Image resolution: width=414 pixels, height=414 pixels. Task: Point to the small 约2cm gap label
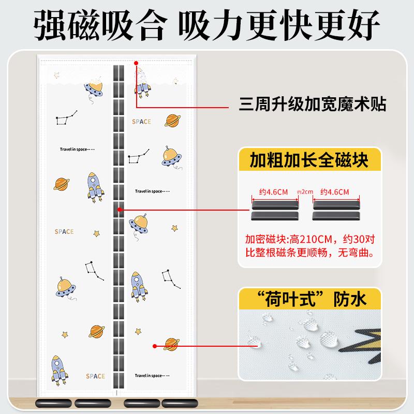pyautogui.click(x=305, y=192)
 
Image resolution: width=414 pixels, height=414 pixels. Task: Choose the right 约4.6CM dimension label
pyautogui.click(x=335, y=192)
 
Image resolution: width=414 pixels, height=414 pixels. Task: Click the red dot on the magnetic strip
pyautogui.click(x=120, y=210)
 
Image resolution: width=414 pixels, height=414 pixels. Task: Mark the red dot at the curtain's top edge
pyautogui.click(x=136, y=63)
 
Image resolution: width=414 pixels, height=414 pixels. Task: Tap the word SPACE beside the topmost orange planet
pyautogui.click(x=141, y=122)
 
